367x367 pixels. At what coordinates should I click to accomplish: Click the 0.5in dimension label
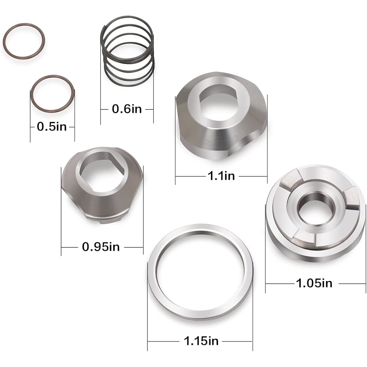coord(52,127)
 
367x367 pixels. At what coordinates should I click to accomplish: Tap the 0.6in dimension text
coord(127,109)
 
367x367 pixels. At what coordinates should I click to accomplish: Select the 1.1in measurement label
coord(221,176)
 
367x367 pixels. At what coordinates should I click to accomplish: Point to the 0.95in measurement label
coord(101,247)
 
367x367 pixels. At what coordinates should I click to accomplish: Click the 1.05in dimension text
coord(314,284)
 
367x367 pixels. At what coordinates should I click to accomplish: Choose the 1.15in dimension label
coord(201,341)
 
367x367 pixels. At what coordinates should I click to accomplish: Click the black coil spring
coord(127,51)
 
